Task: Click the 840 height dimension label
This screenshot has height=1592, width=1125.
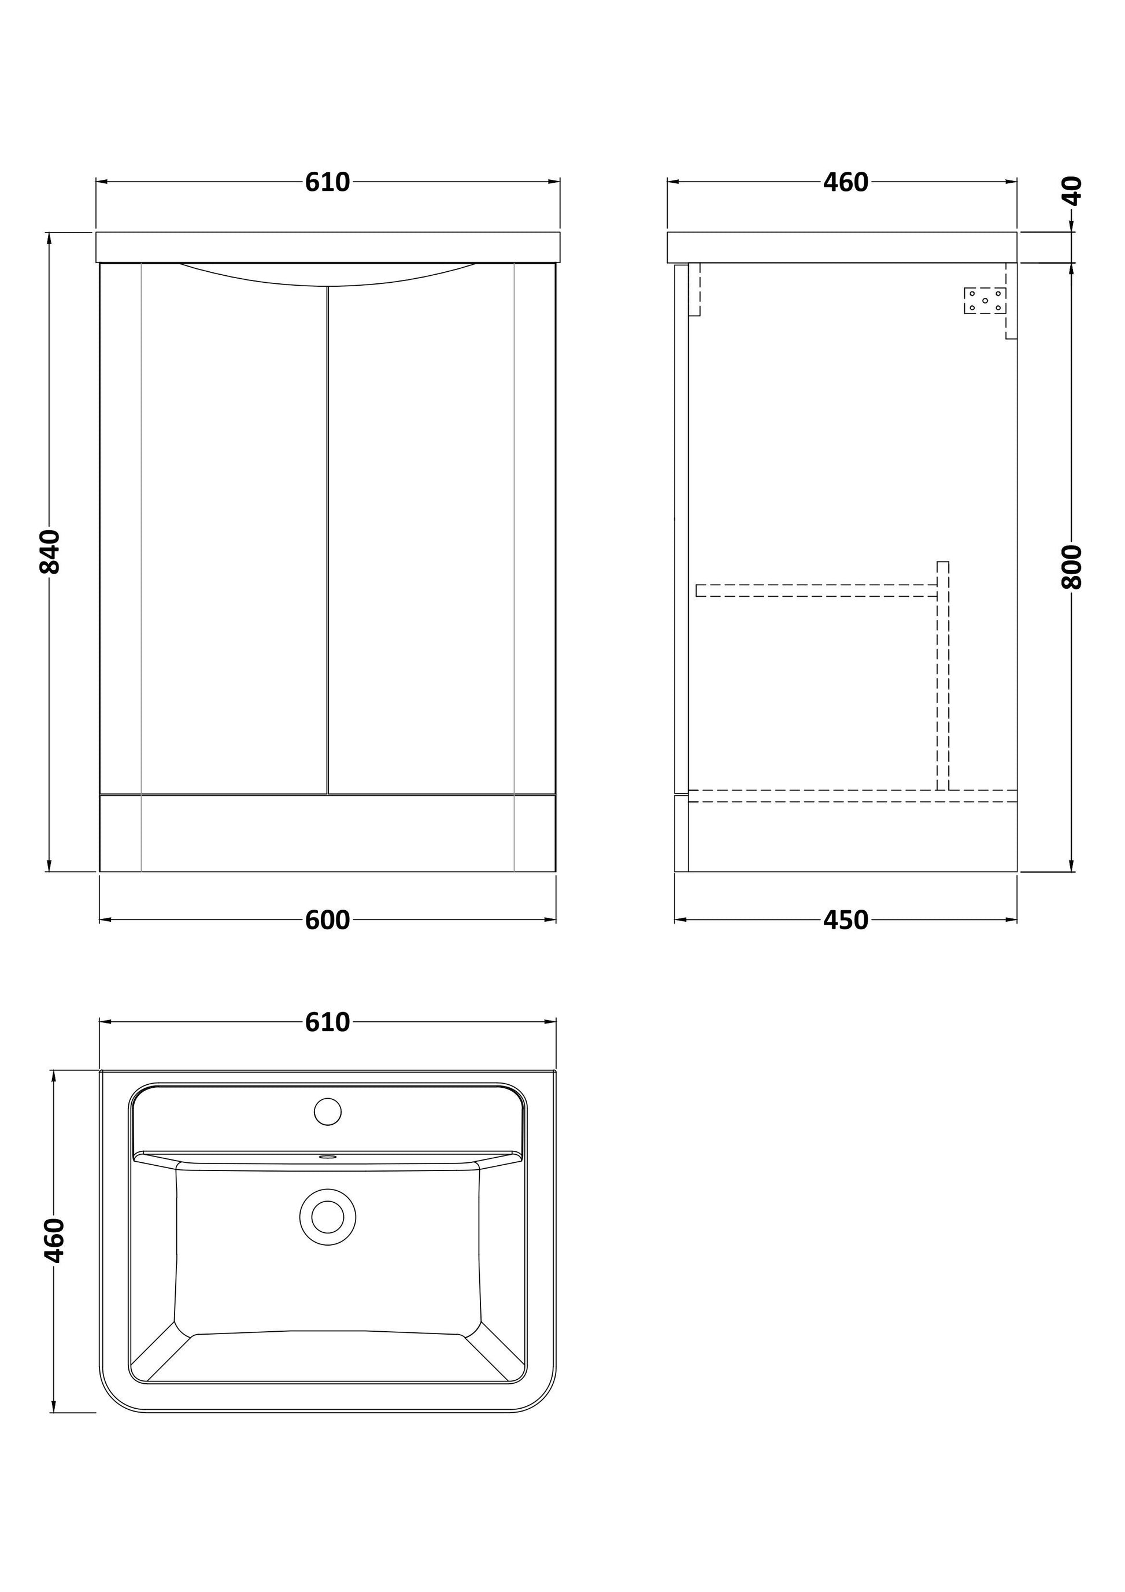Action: click(50, 551)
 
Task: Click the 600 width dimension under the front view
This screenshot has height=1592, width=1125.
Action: click(327, 920)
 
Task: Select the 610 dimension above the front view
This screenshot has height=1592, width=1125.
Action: click(327, 182)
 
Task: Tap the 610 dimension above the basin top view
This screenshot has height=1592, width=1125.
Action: click(327, 1022)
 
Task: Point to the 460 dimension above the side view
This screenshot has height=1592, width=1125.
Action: click(846, 182)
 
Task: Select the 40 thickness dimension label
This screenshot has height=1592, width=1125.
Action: click(1072, 191)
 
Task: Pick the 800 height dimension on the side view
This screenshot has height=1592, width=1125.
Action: click(1072, 567)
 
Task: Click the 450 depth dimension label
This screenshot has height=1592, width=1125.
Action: click(846, 920)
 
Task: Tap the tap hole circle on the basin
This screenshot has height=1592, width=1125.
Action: click(328, 1111)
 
